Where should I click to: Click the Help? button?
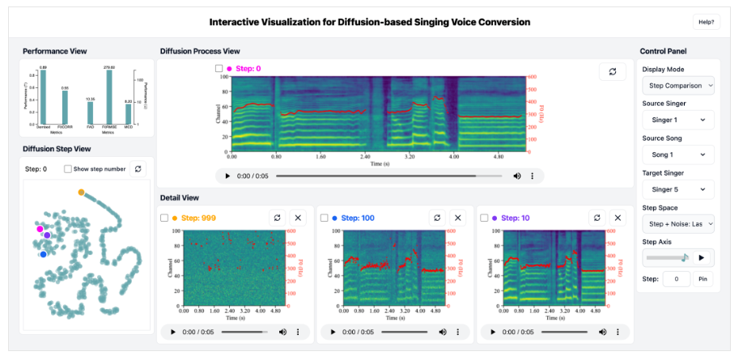pyautogui.click(x=706, y=22)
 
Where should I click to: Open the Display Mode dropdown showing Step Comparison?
pyautogui.click(x=677, y=85)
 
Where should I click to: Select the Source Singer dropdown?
pyautogui.click(x=677, y=120)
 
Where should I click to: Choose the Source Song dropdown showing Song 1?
pyautogui.click(x=677, y=155)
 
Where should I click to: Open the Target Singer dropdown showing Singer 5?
pyautogui.click(x=677, y=189)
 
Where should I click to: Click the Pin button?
pyautogui.click(x=703, y=279)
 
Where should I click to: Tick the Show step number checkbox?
pyautogui.click(x=69, y=169)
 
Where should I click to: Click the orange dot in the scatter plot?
pyautogui.click(x=81, y=193)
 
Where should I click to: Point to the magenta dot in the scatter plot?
pyautogui.click(x=40, y=230)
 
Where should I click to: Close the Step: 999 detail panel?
pyautogui.click(x=297, y=218)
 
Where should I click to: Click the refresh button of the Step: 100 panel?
pyautogui.click(x=437, y=218)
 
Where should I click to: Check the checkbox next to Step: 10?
pyautogui.click(x=484, y=218)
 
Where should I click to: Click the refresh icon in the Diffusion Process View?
pyautogui.click(x=613, y=71)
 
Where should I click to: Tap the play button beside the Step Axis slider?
pyautogui.click(x=702, y=257)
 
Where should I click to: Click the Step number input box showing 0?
pyautogui.click(x=676, y=279)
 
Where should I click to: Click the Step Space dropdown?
pyautogui.click(x=677, y=223)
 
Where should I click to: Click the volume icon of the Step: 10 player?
pyautogui.click(x=601, y=332)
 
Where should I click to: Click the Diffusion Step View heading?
pyautogui.click(x=57, y=149)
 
